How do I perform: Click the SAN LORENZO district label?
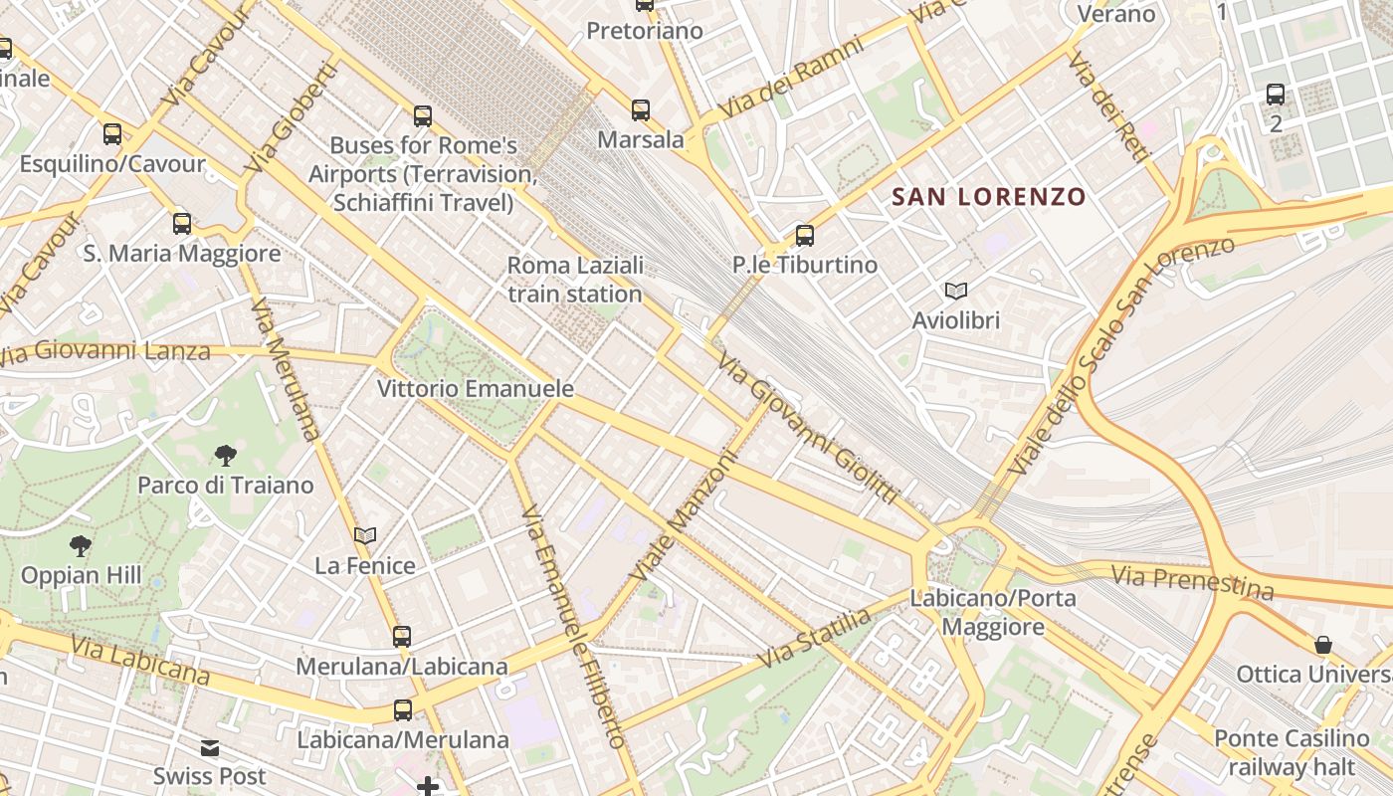tap(988, 196)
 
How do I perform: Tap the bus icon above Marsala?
tap(641, 109)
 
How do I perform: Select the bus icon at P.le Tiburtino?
tap(805, 236)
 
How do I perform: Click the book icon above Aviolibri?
tap(956, 292)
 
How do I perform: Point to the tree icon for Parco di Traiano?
tap(226, 456)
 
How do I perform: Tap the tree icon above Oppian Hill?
tap(81, 545)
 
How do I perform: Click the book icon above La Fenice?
tap(365, 536)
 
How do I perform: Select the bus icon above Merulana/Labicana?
tap(402, 636)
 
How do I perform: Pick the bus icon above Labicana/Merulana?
tap(403, 710)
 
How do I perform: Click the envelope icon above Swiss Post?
tap(210, 747)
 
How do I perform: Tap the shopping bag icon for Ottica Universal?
tap(1322, 645)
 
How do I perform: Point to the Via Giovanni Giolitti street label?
tap(807, 429)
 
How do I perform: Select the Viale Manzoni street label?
tap(687, 517)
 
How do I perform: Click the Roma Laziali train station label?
tap(575, 280)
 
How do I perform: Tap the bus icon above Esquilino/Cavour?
tap(112, 134)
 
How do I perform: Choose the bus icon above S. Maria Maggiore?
tap(181, 224)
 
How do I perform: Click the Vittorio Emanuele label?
tap(476, 388)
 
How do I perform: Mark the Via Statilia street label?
tap(814, 638)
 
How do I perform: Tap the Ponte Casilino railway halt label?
tap(1292, 753)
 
